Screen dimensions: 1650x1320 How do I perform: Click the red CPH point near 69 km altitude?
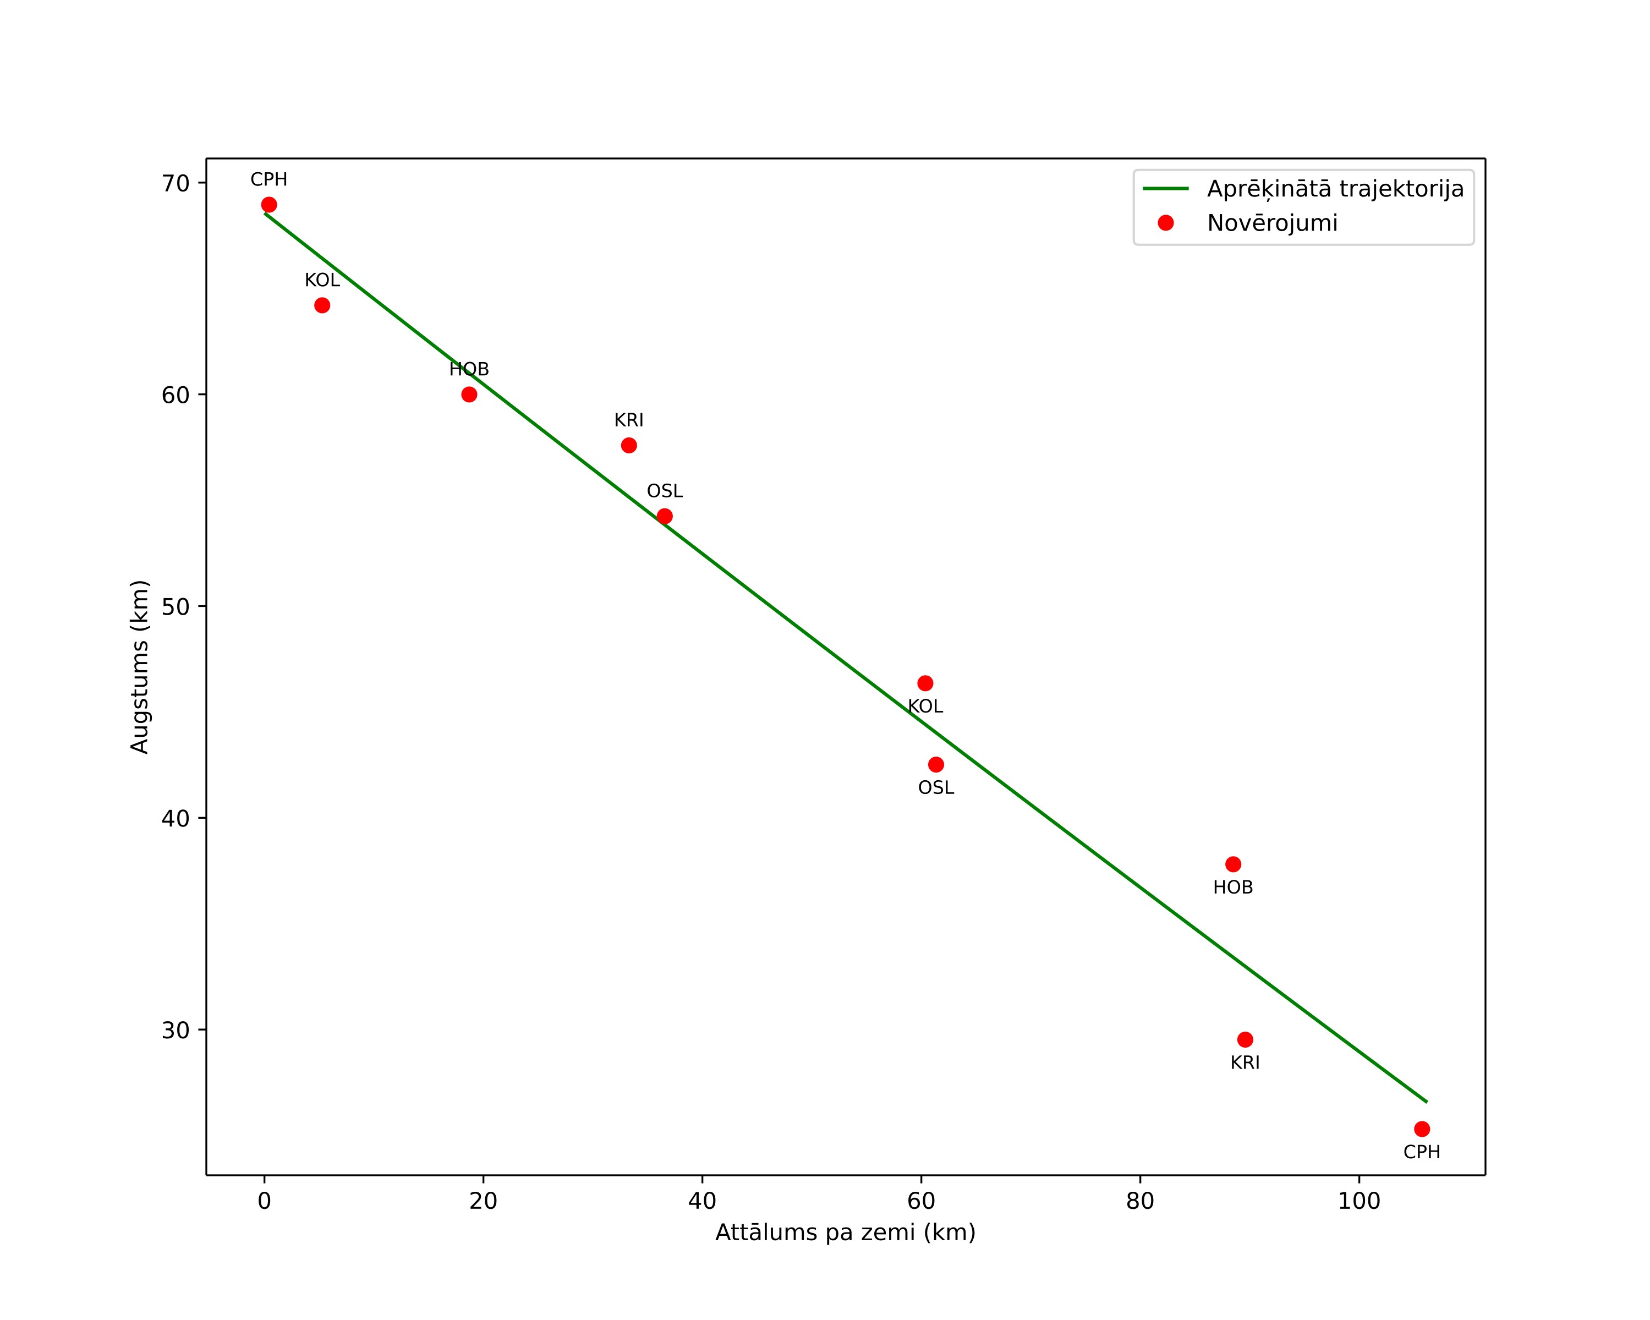268,204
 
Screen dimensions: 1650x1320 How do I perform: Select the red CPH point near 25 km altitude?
1422,1129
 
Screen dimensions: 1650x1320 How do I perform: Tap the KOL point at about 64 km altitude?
322,305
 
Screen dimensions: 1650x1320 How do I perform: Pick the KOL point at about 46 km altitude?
925,683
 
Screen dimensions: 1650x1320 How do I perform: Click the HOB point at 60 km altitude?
469,394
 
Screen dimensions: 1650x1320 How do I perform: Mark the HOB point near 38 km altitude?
1233,864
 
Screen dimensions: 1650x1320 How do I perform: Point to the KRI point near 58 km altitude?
629,445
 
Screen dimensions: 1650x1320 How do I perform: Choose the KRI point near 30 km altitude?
1245,1039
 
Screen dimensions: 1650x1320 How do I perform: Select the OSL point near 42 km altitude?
936,764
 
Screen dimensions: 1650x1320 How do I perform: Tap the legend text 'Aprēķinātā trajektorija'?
1335,189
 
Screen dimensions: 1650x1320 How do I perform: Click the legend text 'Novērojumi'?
1273,223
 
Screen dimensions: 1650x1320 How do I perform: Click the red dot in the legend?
1165,223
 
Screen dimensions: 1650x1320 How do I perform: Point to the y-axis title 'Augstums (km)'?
139,666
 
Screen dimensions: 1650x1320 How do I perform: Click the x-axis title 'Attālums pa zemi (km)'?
846,1233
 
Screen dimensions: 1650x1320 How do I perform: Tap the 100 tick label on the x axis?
1359,1201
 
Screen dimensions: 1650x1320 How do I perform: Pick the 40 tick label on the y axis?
176,818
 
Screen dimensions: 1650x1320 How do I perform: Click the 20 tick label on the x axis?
484,1201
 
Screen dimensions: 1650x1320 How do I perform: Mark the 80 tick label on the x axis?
1141,1201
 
